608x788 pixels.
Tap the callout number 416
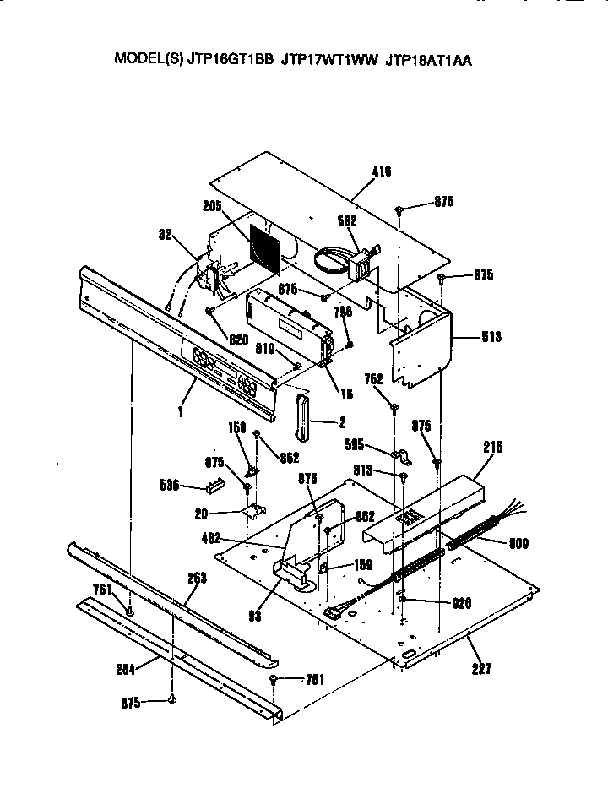pyautogui.click(x=382, y=172)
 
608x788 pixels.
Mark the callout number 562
pyautogui.click(x=347, y=220)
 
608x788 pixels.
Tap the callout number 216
pyautogui.click(x=492, y=448)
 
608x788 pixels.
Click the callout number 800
pyautogui.click(x=518, y=544)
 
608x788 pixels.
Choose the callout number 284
pyautogui.click(x=127, y=670)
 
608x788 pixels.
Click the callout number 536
pyautogui.click(x=170, y=485)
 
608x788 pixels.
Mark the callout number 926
pyautogui.click(x=461, y=603)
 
